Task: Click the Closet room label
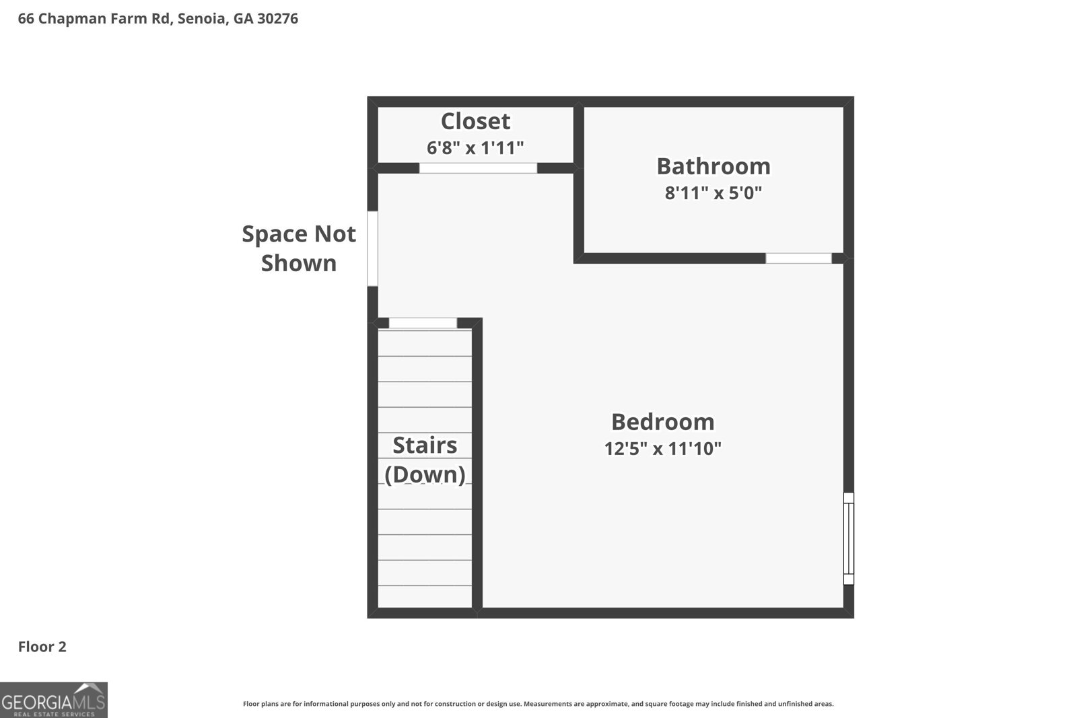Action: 475,121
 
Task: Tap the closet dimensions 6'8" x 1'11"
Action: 475,148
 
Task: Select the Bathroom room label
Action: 714,166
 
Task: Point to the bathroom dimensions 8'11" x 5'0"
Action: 714,193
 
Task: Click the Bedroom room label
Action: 663,422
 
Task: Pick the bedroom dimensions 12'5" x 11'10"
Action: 663,448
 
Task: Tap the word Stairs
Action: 425,445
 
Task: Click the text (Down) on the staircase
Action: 425,474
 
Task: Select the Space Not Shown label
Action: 299,248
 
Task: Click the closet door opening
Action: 478,168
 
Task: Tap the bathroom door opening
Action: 798,258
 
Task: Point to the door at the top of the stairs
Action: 423,323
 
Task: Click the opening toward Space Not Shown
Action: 372,248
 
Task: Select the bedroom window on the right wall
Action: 849,538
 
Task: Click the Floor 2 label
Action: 42,647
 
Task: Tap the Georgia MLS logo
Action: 54,701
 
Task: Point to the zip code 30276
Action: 277,19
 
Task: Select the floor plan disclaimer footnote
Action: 538,704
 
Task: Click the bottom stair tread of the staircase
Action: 425,597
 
